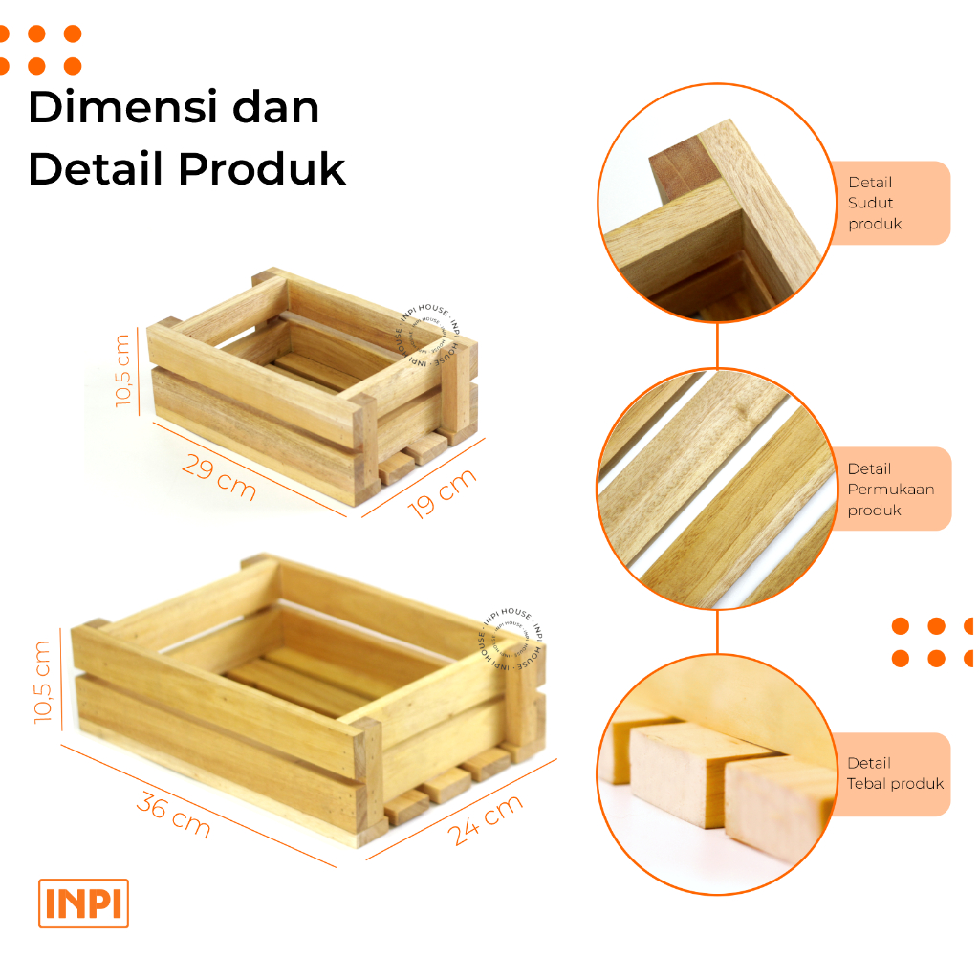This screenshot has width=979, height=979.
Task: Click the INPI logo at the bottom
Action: point(83,903)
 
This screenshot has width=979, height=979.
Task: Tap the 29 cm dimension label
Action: point(219,477)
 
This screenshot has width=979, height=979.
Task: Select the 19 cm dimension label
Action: point(442,492)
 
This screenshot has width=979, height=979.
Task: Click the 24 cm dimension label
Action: point(486,819)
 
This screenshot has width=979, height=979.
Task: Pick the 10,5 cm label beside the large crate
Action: point(42,682)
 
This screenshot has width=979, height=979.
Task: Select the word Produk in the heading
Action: point(262,169)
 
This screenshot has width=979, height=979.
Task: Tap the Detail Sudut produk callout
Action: point(890,203)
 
